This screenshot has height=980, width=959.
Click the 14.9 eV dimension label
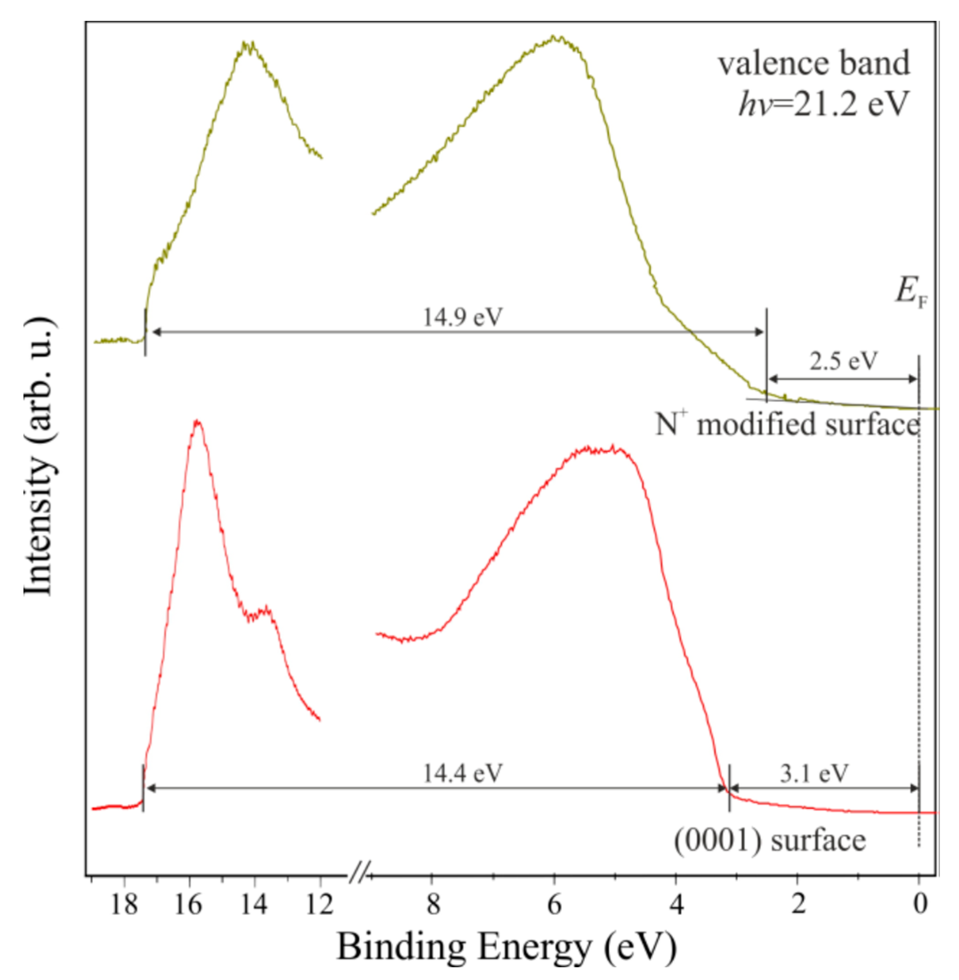coord(463,317)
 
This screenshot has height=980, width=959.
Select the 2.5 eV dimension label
coord(842,361)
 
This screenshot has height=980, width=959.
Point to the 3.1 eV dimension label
coord(814,773)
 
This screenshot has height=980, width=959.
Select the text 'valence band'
coord(814,64)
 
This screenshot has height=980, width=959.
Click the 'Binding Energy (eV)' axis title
coord(506,948)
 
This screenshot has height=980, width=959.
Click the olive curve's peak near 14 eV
coord(248,44)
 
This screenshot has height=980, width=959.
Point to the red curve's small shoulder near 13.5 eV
coord(266,610)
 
